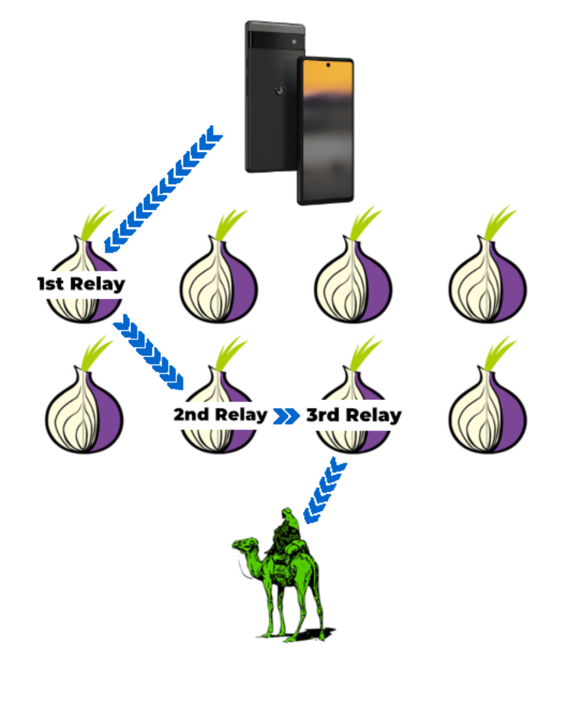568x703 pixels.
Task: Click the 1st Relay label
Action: [x=81, y=284]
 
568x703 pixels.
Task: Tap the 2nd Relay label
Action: [x=220, y=415]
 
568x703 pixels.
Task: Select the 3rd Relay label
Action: [x=354, y=415]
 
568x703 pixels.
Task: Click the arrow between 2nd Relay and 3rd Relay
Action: [x=285, y=416]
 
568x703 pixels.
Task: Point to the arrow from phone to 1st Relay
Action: [x=163, y=188]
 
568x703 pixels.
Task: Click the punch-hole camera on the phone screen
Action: [x=328, y=65]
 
